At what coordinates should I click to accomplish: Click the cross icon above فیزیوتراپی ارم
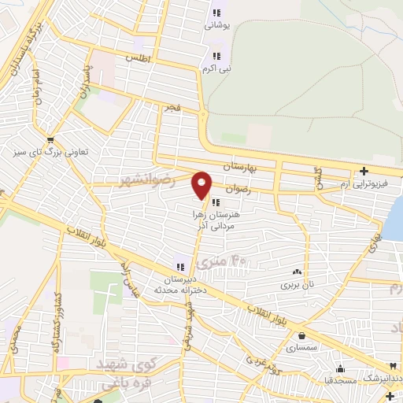364,171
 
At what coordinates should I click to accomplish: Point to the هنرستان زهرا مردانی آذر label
216,219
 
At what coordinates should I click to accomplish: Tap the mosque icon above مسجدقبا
340,368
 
